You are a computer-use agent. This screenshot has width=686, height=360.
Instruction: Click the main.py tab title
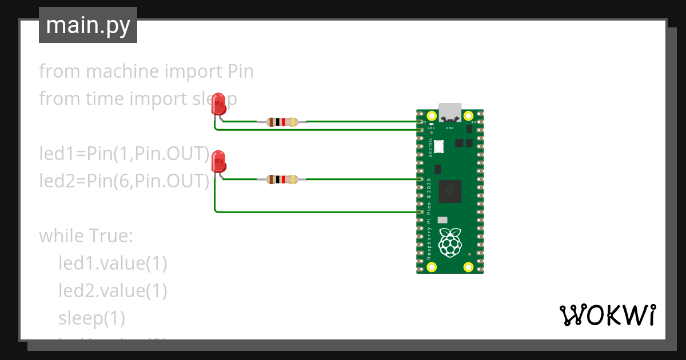(x=87, y=25)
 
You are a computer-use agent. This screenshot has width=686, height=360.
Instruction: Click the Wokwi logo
(x=607, y=315)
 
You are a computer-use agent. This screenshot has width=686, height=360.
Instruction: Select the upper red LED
(x=218, y=105)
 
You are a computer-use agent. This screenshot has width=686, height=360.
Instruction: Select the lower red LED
(x=218, y=162)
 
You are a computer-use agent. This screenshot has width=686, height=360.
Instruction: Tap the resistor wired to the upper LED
(x=281, y=122)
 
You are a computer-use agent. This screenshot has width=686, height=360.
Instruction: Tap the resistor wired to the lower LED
(x=281, y=179)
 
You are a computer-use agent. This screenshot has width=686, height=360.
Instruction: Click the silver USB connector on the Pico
(x=450, y=112)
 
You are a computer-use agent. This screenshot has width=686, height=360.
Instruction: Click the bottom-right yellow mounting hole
(x=468, y=266)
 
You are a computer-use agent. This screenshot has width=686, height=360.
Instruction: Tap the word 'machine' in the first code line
(x=122, y=72)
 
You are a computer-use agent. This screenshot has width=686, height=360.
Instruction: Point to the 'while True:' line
(x=86, y=235)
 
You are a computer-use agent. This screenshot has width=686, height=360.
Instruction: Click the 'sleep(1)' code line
(x=91, y=318)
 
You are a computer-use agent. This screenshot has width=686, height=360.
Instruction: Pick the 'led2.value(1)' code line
(x=113, y=290)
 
